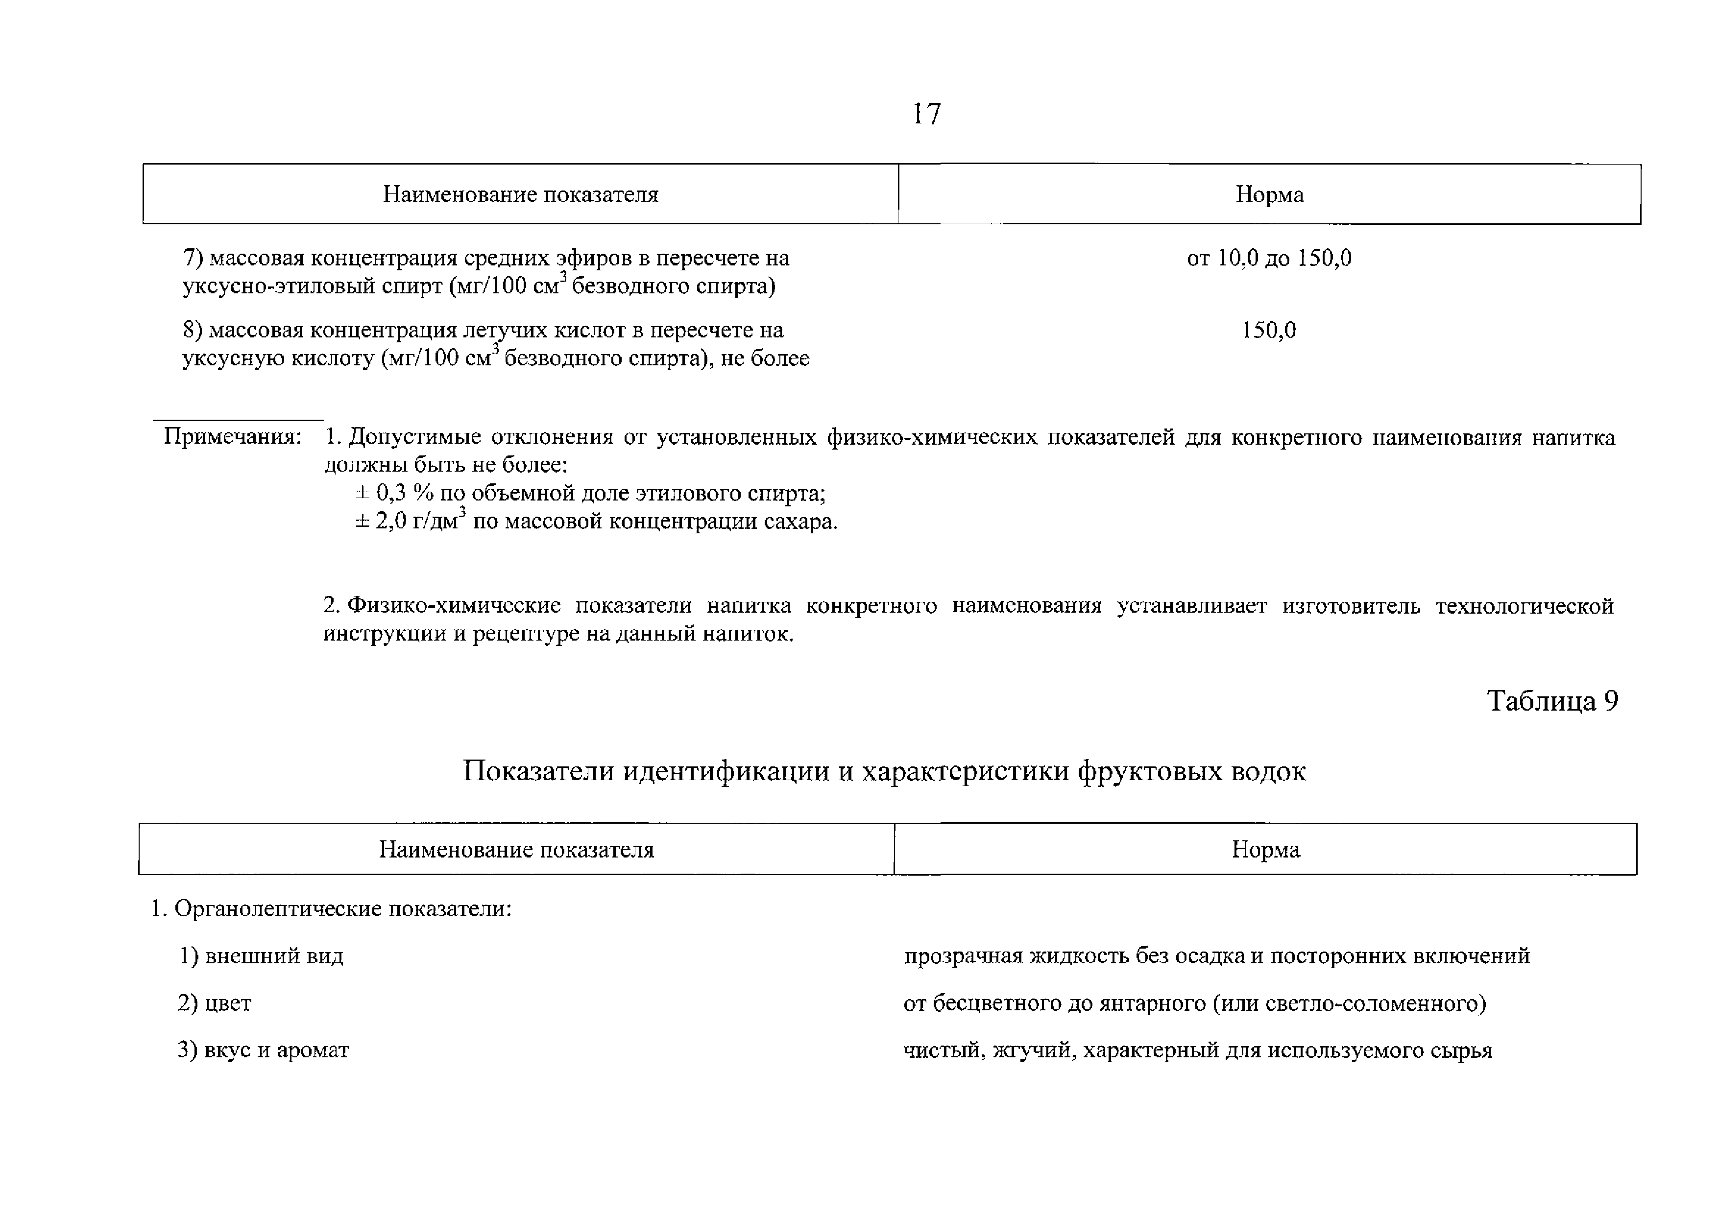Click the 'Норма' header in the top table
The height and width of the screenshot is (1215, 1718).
pyautogui.click(x=1269, y=194)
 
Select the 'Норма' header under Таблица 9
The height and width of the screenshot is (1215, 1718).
pyautogui.click(x=1265, y=849)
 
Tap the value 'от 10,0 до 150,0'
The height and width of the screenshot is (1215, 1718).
pyautogui.click(x=1269, y=258)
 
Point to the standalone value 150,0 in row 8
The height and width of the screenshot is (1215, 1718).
pyautogui.click(x=1269, y=330)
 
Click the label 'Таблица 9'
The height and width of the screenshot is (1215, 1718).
pyautogui.click(x=1552, y=700)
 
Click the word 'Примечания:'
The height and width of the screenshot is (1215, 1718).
pyautogui.click(x=233, y=436)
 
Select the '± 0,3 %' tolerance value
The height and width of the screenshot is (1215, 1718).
pyautogui.click(x=394, y=493)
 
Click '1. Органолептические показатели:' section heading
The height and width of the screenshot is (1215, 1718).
pyautogui.click(x=332, y=909)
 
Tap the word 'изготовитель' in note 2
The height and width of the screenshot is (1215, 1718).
pyautogui.click(x=1352, y=605)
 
